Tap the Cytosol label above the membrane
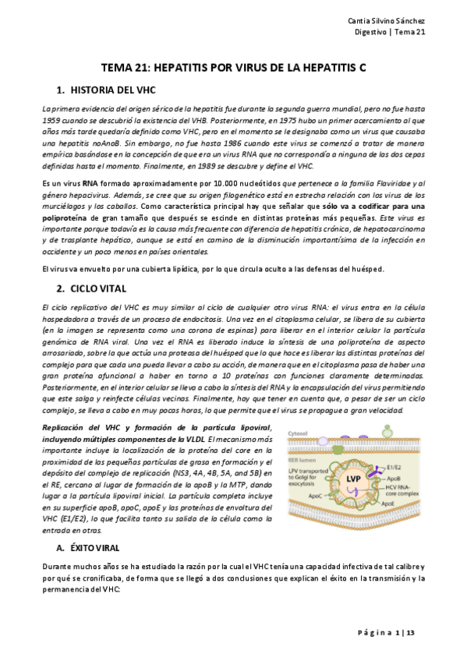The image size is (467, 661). (x=299, y=433)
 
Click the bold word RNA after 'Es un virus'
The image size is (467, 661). (x=88, y=182)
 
